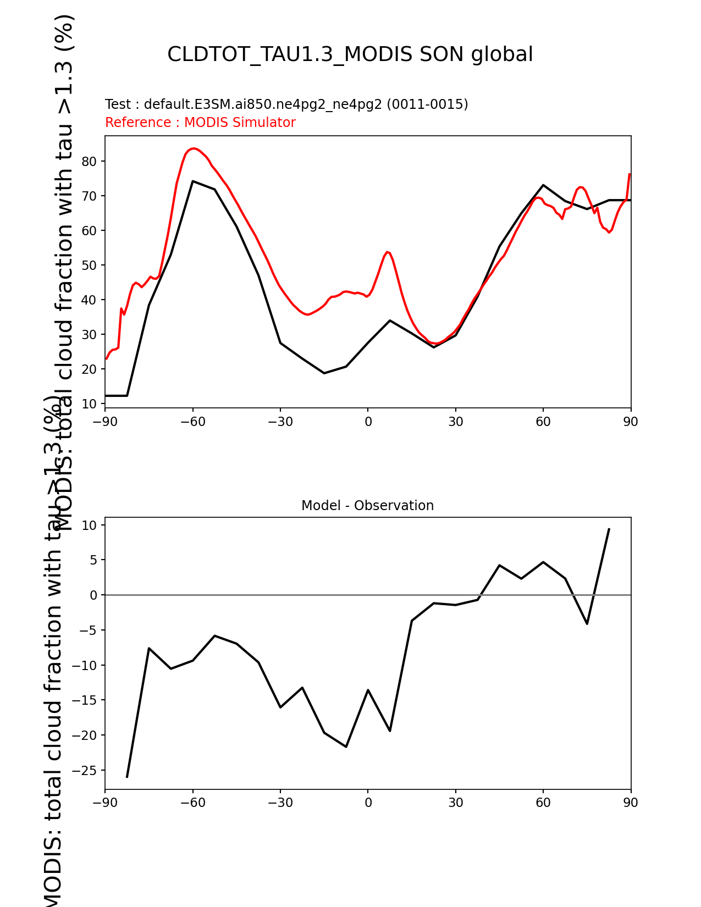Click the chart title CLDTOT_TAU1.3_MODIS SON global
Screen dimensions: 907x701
[350, 54]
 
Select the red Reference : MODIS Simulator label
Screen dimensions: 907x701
[200, 123]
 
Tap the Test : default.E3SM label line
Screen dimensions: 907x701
[286, 104]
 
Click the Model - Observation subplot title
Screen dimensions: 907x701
[367, 506]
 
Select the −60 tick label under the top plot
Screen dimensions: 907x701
[192, 422]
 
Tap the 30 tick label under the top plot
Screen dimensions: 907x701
[455, 422]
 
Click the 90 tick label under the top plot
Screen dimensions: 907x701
[631, 422]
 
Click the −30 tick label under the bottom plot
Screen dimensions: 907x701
[280, 803]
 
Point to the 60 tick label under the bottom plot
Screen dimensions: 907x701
[543, 803]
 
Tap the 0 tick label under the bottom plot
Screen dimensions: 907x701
[368, 803]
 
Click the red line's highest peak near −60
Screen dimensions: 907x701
[193, 148]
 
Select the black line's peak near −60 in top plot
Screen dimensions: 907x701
[193, 181]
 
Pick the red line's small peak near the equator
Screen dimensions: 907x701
[387, 252]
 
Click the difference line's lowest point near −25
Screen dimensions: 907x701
[127, 777]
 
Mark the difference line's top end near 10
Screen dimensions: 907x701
[609, 529]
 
